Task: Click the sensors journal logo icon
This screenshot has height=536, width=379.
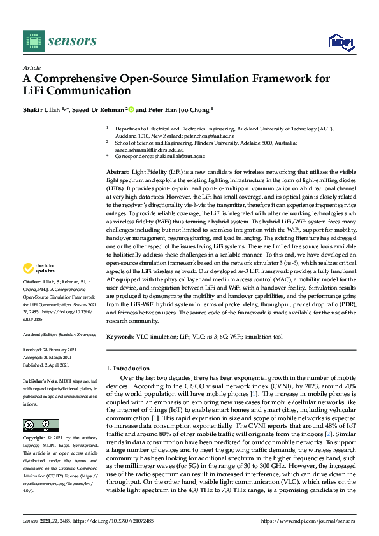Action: (32, 41)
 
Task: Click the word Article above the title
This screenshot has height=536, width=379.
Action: (31, 67)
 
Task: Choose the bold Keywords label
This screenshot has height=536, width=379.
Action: (120, 337)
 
